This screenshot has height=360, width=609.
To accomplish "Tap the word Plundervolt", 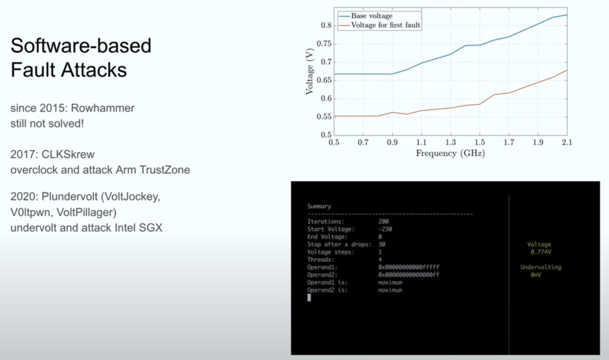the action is pyautogui.click(x=70, y=197).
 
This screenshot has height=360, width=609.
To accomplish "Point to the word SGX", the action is pyautogui.click(x=151, y=227).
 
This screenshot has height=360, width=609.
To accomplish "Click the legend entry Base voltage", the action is pyautogui.click(x=372, y=16).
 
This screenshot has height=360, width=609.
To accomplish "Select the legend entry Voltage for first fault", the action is pyautogui.click(x=385, y=25).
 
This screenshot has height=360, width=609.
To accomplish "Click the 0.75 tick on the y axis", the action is pyautogui.click(x=324, y=44).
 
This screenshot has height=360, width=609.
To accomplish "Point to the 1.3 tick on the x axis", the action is pyautogui.click(x=451, y=142).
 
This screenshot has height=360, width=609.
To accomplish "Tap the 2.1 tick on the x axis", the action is pyautogui.click(x=567, y=142).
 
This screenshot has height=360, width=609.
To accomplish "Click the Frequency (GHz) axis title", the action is pyautogui.click(x=451, y=153).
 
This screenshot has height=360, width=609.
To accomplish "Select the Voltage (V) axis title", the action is pyautogui.click(x=309, y=71).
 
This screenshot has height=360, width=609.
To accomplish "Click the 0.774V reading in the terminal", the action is pyautogui.click(x=541, y=252).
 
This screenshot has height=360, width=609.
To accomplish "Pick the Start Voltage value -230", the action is pyautogui.click(x=385, y=229).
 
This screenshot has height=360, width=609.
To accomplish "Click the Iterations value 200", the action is pyautogui.click(x=384, y=221).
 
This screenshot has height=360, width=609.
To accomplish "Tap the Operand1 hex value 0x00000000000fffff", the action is pyautogui.click(x=409, y=267).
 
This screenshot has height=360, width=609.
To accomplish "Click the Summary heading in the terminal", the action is pyautogui.click(x=319, y=206).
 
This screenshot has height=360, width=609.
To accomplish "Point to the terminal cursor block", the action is pyautogui.click(x=309, y=298).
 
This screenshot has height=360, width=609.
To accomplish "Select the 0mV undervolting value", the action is pyautogui.click(x=536, y=275).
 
